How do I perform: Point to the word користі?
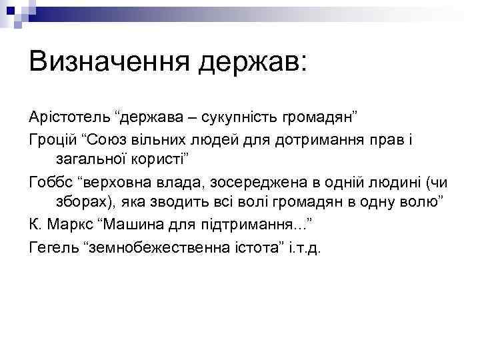(159, 160)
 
